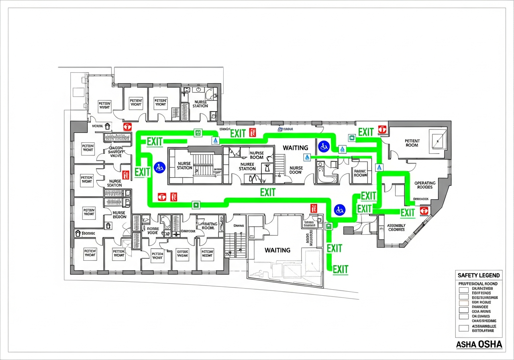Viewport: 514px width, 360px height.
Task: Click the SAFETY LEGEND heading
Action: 479,275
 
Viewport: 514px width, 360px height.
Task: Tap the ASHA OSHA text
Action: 479,345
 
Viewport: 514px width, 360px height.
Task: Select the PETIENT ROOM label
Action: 412,143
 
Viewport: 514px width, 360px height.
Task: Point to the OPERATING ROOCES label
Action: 425,185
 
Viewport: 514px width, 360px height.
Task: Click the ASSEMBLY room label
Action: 396,228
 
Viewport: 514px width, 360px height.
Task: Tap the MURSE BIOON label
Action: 119,215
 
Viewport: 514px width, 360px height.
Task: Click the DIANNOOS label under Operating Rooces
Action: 421,199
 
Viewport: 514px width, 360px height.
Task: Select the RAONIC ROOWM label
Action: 360,173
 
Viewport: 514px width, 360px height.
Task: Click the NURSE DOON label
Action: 296,170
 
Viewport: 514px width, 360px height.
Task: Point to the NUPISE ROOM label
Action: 256,155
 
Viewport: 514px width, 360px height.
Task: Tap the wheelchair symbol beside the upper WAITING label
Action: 323,146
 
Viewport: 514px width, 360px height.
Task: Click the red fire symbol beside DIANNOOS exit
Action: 424,211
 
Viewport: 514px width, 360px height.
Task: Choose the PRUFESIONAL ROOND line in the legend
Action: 477,284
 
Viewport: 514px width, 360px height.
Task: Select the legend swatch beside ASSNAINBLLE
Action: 464,328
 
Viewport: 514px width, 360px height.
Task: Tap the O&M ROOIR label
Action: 188,231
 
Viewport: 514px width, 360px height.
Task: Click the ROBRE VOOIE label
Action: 153,231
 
